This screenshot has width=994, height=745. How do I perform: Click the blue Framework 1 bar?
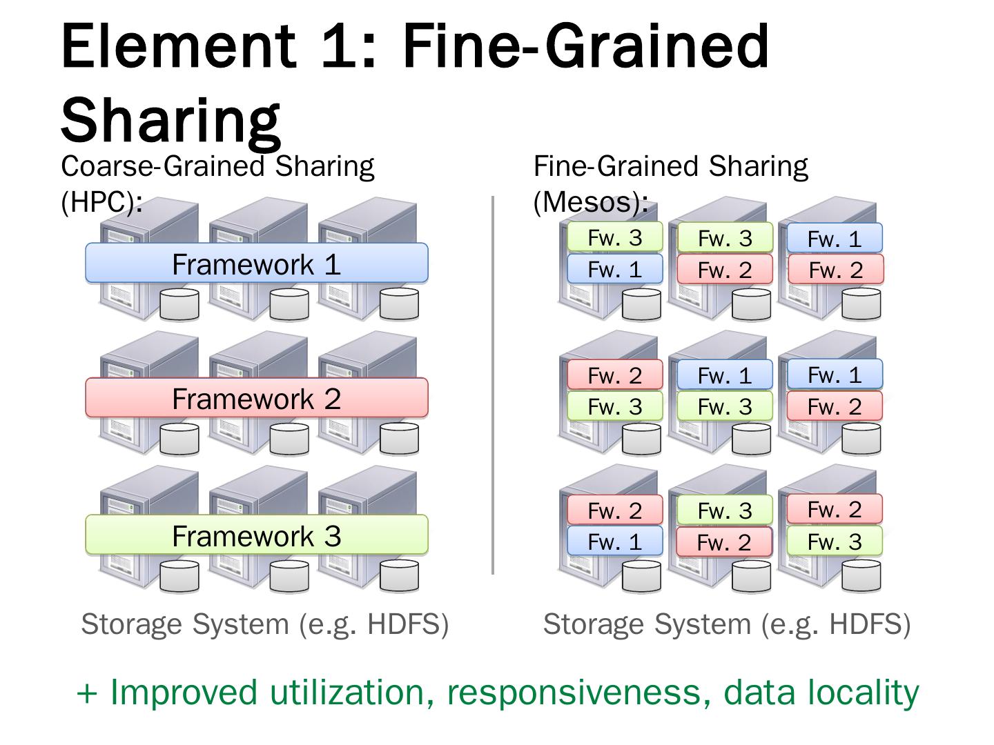tap(256, 264)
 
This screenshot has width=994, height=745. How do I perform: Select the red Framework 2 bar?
tap(256, 398)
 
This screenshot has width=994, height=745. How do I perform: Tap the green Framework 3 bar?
tap(256, 535)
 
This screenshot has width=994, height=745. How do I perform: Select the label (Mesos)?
tap(591, 202)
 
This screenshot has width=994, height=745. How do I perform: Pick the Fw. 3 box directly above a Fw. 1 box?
tap(614, 237)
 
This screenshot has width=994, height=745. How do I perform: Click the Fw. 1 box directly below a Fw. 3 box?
tap(614, 269)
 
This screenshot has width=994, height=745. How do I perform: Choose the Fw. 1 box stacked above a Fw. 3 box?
tap(724, 375)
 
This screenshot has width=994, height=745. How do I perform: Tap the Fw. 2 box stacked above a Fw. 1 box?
tap(614, 510)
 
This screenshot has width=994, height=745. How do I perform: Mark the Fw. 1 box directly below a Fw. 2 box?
tap(614, 542)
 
